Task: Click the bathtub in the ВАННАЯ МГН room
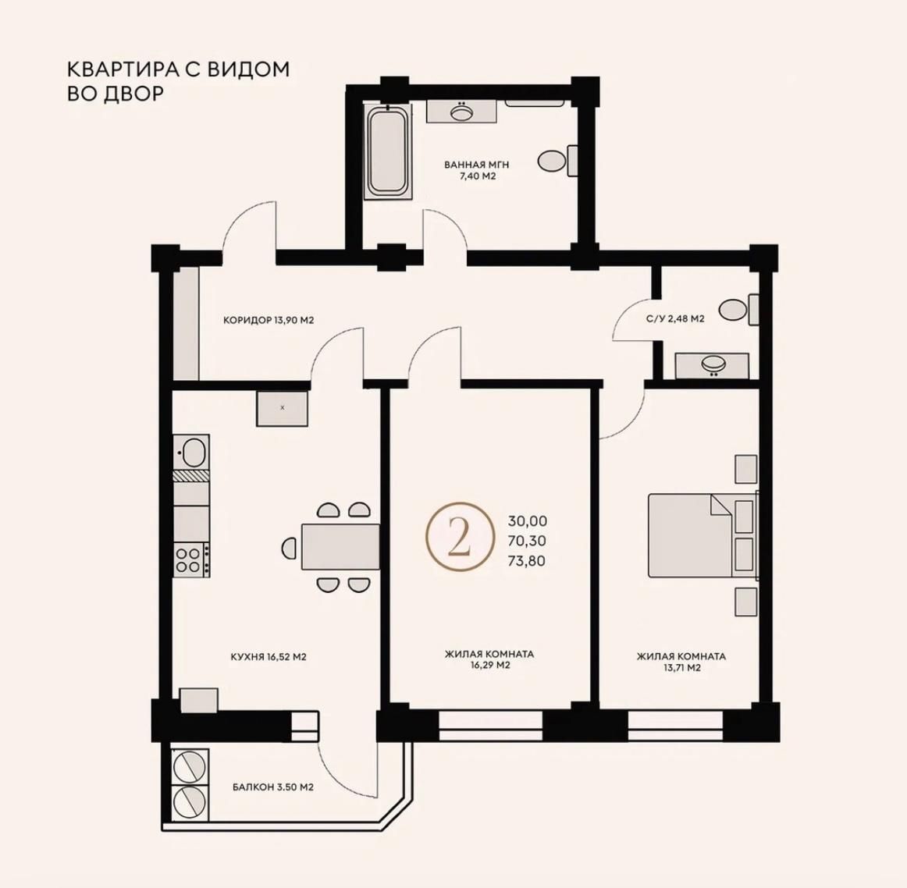(x=388, y=151)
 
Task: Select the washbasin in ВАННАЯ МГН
(x=461, y=111)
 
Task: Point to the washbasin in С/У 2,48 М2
(x=712, y=365)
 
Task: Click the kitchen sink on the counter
(x=191, y=452)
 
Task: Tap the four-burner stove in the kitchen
(x=191, y=559)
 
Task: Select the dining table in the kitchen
(x=340, y=546)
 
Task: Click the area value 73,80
(x=526, y=561)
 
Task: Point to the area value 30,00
(x=527, y=521)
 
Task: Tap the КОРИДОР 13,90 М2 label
(x=269, y=320)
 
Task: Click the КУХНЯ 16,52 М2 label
(x=269, y=657)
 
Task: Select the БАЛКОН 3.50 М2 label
(x=273, y=787)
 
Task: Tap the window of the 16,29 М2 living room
(x=490, y=726)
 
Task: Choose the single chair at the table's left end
(x=289, y=546)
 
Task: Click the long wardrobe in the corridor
(x=187, y=323)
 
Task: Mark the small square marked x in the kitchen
(x=283, y=408)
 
